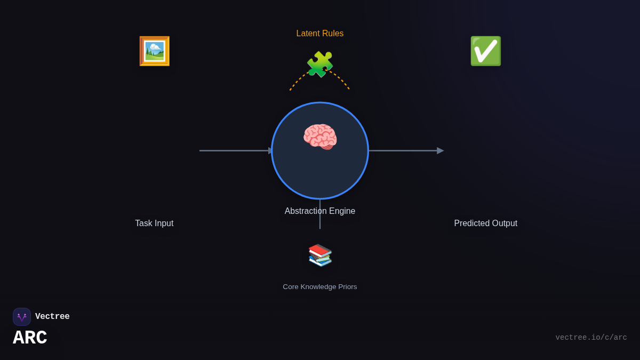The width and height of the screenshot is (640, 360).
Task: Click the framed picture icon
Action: point(154,51)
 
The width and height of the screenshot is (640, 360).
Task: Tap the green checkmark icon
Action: point(485,51)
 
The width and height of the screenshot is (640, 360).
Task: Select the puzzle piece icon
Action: point(320,65)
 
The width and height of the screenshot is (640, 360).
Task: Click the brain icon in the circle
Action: point(320,137)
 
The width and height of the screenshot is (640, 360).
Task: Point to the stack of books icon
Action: point(320,255)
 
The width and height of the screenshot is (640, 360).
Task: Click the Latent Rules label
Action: point(320,34)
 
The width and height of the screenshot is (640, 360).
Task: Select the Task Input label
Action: point(154,223)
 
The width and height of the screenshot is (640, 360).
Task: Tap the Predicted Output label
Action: point(485,223)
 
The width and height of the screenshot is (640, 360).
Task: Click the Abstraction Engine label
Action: point(320,211)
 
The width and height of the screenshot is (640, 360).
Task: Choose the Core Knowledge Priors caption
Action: point(320,287)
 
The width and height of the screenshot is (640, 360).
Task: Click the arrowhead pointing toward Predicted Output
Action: point(440,151)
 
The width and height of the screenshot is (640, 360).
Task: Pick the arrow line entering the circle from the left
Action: point(235,151)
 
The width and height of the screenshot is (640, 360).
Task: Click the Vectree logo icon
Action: point(22,317)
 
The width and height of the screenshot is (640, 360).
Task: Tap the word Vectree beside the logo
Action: point(52,317)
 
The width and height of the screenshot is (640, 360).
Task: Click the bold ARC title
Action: point(30,338)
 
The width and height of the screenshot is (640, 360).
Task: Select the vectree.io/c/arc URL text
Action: point(591,338)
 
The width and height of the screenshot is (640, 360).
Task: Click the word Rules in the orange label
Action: point(332,34)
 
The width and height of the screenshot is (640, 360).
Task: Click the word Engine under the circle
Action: point(342,211)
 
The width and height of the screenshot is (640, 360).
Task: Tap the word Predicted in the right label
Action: point(471,223)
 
